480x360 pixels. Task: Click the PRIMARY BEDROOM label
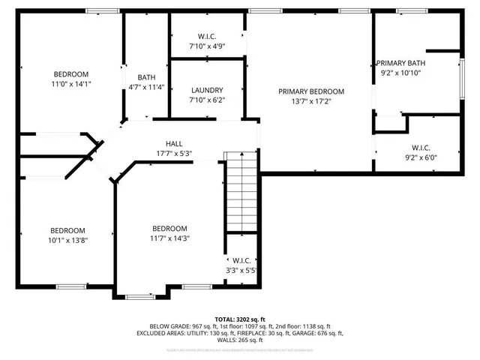coord(310,91)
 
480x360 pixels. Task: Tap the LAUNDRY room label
coord(207,89)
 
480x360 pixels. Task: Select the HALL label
coord(174,143)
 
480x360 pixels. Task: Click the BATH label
coord(146,77)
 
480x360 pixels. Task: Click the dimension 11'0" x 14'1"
coord(71,85)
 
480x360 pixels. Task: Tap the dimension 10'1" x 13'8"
coord(68,241)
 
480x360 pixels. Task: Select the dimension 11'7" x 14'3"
coord(169,239)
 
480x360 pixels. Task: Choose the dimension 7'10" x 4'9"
coord(207,46)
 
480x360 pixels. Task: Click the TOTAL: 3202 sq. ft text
coord(241,319)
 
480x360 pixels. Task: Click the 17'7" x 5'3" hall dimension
coord(174,154)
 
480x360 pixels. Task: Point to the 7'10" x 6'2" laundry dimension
coord(207,99)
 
